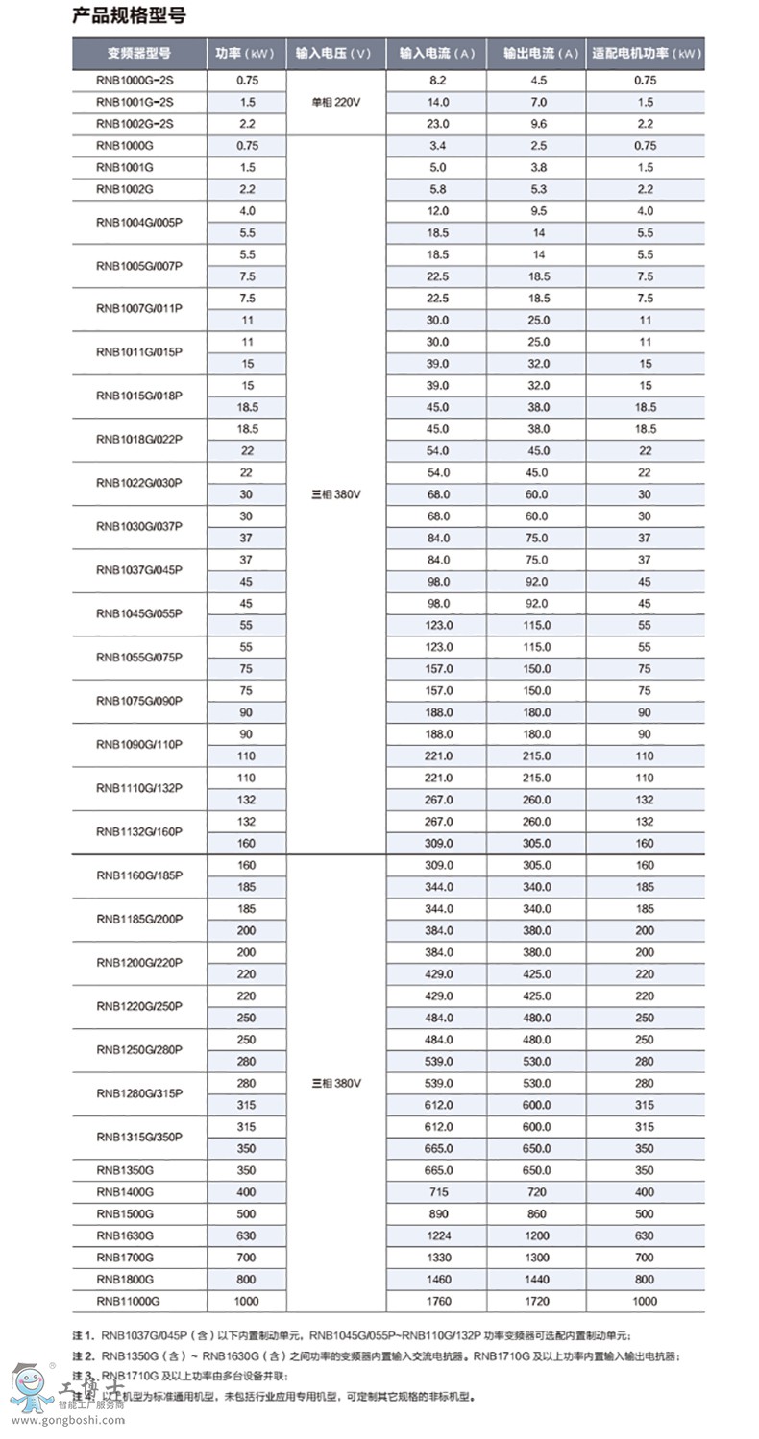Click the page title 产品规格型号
click(129, 15)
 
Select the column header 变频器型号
click(138, 54)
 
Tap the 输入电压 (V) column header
click(333, 54)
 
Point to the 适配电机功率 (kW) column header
click(646, 54)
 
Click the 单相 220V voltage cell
click(333, 102)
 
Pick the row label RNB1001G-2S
click(135, 102)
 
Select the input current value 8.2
click(438, 80)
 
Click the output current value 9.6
click(538, 124)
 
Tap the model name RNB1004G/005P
click(138, 223)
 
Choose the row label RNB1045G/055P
click(138, 612)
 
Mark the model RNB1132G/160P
click(138, 832)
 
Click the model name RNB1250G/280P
click(138, 1050)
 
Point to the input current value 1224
click(438, 1235)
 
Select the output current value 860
click(538, 1213)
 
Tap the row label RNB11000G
click(128, 1301)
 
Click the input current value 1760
click(438, 1301)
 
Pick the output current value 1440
click(538, 1279)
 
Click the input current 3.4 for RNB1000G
click(438, 146)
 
